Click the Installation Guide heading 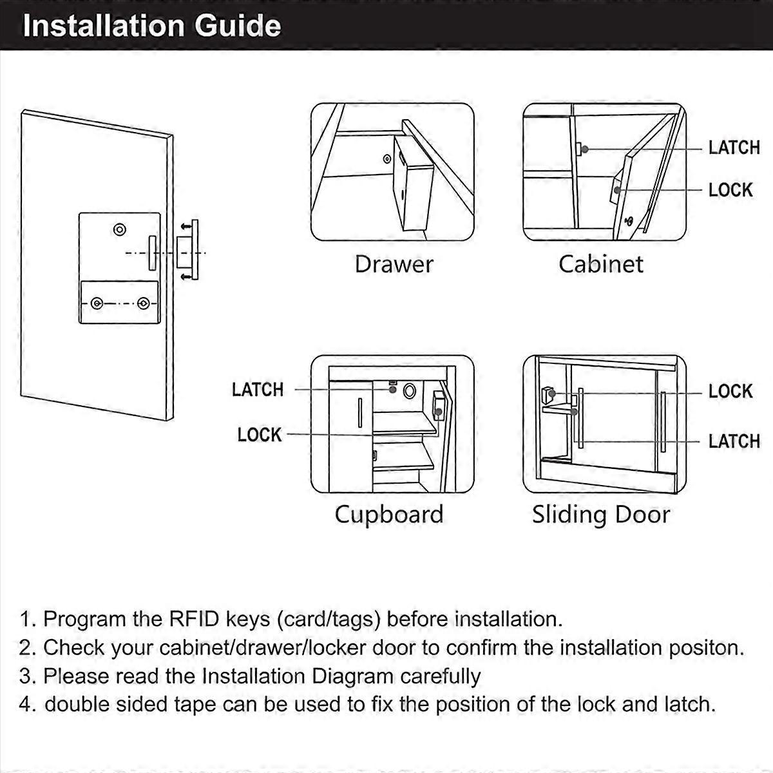tap(151, 26)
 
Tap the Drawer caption tap(394, 264)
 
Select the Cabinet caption tap(601, 264)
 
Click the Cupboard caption tap(389, 515)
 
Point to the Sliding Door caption tap(601, 515)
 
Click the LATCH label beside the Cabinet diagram tap(734, 148)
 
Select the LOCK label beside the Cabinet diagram tap(730, 190)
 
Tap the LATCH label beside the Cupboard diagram tap(258, 390)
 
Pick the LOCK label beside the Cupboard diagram tap(260, 435)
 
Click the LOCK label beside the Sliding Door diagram tap(730, 391)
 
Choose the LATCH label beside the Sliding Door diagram tap(734, 441)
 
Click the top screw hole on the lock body tap(120, 230)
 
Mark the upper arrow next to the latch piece tap(186, 227)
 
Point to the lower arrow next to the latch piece tap(186, 277)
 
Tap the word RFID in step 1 tap(194, 619)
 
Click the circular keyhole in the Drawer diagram tap(386, 159)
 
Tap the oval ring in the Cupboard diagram tap(409, 390)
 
